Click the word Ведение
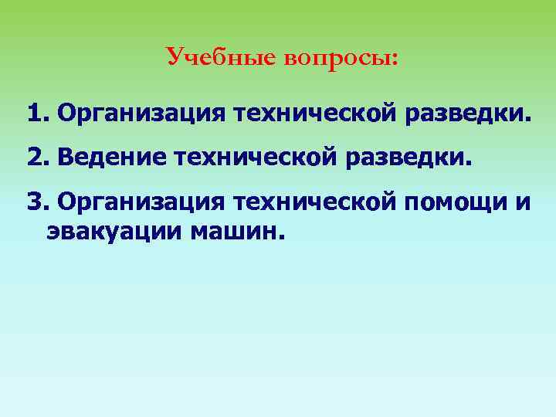(114, 158)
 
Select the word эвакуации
(113, 231)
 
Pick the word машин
(236, 231)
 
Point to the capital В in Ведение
(65, 158)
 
